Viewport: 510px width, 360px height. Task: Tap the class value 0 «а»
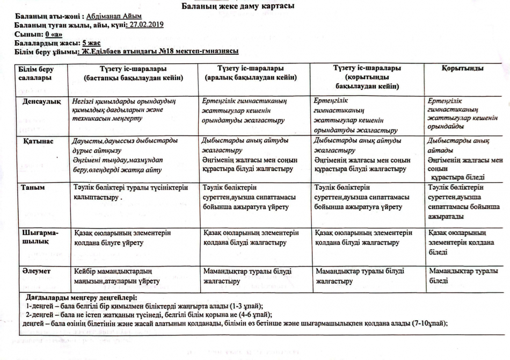coord(55,33)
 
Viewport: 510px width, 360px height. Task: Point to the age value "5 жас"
coord(91,42)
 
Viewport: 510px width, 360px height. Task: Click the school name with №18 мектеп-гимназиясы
coord(158,51)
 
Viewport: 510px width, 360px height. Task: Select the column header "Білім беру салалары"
coord(36,73)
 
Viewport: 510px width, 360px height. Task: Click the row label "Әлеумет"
coord(36,271)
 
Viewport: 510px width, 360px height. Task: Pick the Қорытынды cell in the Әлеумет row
coord(463,276)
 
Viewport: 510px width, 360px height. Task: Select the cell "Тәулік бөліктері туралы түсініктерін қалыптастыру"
coord(131,192)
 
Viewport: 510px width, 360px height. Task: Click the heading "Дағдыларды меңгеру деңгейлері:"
coord(82,297)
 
